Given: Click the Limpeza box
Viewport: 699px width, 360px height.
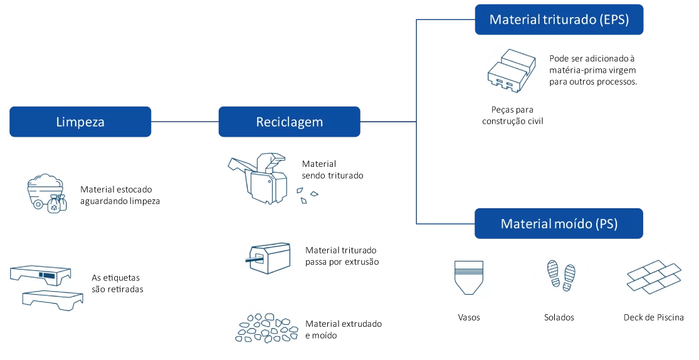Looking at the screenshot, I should pos(80,122).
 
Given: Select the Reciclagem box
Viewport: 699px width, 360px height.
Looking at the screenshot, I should pos(289,122).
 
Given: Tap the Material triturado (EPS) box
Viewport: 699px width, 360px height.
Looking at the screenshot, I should pos(559,20).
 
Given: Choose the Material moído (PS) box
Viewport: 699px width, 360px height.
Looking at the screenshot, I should pos(559,224).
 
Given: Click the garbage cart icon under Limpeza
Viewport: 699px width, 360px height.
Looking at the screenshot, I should pos(47,192).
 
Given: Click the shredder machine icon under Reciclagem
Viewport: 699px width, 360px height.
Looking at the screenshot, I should pos(268,179).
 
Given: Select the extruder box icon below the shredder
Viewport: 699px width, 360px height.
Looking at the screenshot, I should pos(268,258).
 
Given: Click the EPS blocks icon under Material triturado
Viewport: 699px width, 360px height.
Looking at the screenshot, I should pos(513,70).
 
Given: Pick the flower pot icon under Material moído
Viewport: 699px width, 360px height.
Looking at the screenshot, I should pos(469,275).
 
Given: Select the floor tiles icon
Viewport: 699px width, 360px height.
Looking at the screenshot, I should pos(653,275).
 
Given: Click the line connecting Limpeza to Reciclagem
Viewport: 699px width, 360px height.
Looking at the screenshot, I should pos(184,122).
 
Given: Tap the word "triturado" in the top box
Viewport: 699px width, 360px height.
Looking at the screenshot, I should pos(568,20).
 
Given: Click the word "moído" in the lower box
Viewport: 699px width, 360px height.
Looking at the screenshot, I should pos(573,224).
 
